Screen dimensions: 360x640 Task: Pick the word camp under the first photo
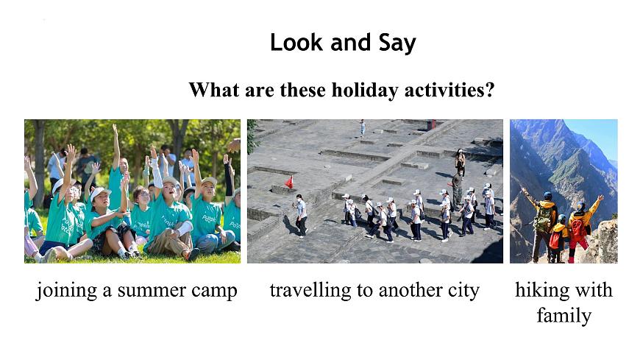pos(215,292)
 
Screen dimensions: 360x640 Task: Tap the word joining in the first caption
pos(65,292)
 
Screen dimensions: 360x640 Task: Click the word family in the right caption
pos(563,316)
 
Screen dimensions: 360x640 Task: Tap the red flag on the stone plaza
pos(289,181)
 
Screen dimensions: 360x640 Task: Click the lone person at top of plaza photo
pos(362,127)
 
